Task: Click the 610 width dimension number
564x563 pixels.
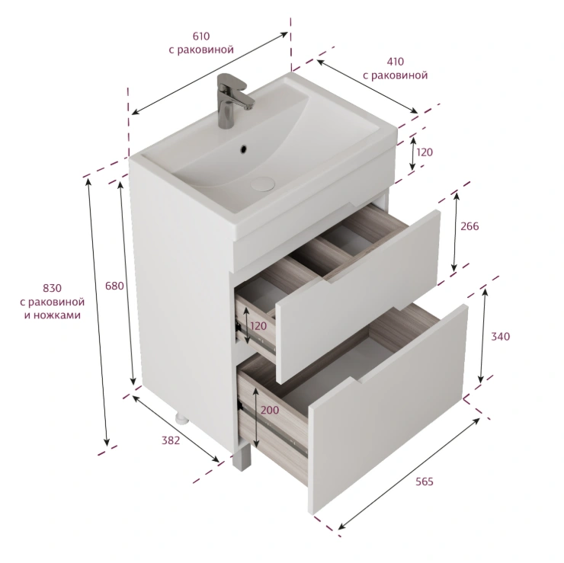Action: click(x=201, y=37)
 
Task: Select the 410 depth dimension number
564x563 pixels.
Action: click(x=395, y=62)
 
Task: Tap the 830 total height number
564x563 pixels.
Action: click(x=52, y=288)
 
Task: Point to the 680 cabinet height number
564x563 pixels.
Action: click(x=114, y=286)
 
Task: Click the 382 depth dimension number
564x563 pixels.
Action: click(x=171, y=440)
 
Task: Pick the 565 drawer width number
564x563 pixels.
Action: click(x=425, y=481)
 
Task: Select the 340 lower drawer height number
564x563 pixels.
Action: click(x=500, y=337)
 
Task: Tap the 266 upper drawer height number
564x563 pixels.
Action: click(x=469, y=226)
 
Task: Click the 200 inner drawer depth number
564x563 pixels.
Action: click(x=270, y=410)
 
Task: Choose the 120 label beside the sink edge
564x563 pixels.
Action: click(x=425, y=152)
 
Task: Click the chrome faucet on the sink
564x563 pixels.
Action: click(x=231, y=100)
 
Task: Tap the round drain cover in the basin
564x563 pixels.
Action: click(x=263, y=184)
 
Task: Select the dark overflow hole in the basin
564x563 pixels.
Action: click(x=244, y=148)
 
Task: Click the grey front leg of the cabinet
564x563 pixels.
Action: click(x=242, y=458)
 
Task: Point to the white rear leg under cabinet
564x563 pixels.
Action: click(x=181, y=417)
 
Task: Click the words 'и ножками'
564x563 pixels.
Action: click(x=53, y=315)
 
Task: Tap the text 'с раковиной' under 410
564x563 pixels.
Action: click(x=395, y=75)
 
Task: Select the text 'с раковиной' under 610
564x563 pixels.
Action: click(x=201, y=50)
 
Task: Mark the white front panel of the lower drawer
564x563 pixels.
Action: click(x=388, y=409)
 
